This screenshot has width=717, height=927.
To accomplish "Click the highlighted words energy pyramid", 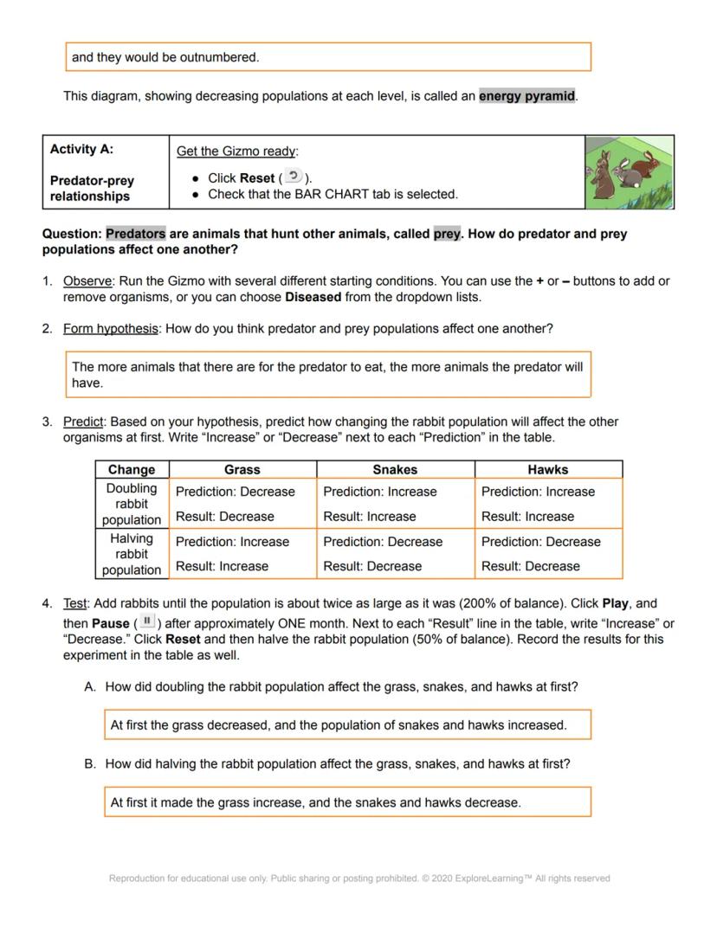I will coord(526,96).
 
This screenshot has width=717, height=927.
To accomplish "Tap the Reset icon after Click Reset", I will coord(294,177).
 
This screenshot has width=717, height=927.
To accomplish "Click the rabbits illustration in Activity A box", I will coord(630,171).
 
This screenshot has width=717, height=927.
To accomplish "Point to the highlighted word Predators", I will coord(135,234).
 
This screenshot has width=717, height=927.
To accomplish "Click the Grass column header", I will coord(242,469).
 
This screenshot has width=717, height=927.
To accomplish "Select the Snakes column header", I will coord(395,469).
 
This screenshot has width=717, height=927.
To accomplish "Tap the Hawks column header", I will coord(548,469).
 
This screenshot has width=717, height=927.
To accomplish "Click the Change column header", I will coord(132,469).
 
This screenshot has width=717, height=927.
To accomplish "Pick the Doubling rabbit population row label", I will coord(132,504).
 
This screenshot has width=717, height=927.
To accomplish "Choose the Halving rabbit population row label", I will coord(132,554).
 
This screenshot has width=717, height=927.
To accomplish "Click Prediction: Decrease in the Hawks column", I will coord(540,542).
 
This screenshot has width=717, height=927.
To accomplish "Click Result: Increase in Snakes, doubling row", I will coord(369,517).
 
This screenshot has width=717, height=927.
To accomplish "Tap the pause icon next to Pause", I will coord(147,622).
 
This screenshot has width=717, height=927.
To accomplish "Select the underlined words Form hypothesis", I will coord(110,329).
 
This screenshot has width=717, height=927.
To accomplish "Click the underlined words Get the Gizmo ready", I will coord(236,151).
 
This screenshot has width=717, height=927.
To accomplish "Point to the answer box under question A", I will coord(347,725).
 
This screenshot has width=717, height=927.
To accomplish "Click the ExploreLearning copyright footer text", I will coord(359,879).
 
